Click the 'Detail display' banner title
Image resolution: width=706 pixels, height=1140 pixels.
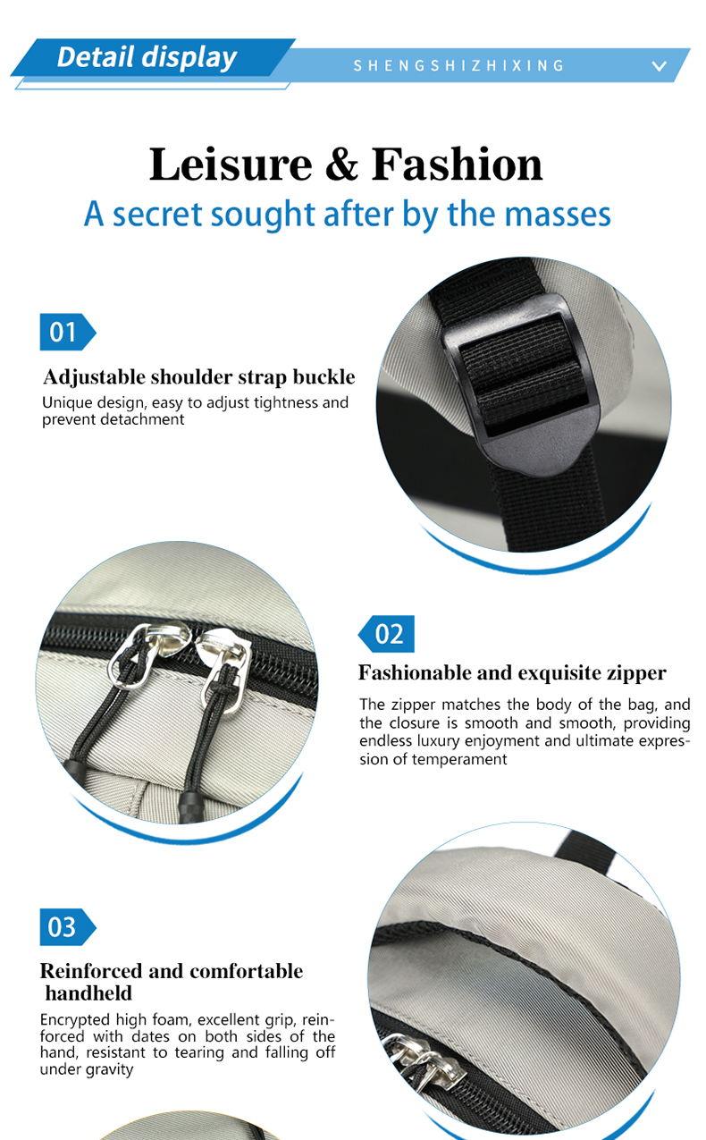pos(147,57)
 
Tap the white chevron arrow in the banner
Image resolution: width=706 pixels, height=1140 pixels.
pos(660,66)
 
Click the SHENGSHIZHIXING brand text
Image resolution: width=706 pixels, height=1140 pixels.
pos(458,65)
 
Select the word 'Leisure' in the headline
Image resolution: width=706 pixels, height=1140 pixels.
pos(231,164)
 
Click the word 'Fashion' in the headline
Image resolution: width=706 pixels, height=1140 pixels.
pos(457,164)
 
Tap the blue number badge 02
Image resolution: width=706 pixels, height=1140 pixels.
pos(386,634)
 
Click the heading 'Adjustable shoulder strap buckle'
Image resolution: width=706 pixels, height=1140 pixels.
pos(199,377)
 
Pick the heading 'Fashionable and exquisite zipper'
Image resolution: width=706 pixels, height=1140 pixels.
pos(512,672)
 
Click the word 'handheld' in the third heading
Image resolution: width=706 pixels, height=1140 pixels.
pos(88,993)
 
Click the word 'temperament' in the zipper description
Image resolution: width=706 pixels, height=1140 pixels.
pos(459,760)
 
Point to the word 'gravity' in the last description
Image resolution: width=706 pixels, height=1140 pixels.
pos(110,1069)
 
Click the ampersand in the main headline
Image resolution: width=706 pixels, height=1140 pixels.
pos(341,164)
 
